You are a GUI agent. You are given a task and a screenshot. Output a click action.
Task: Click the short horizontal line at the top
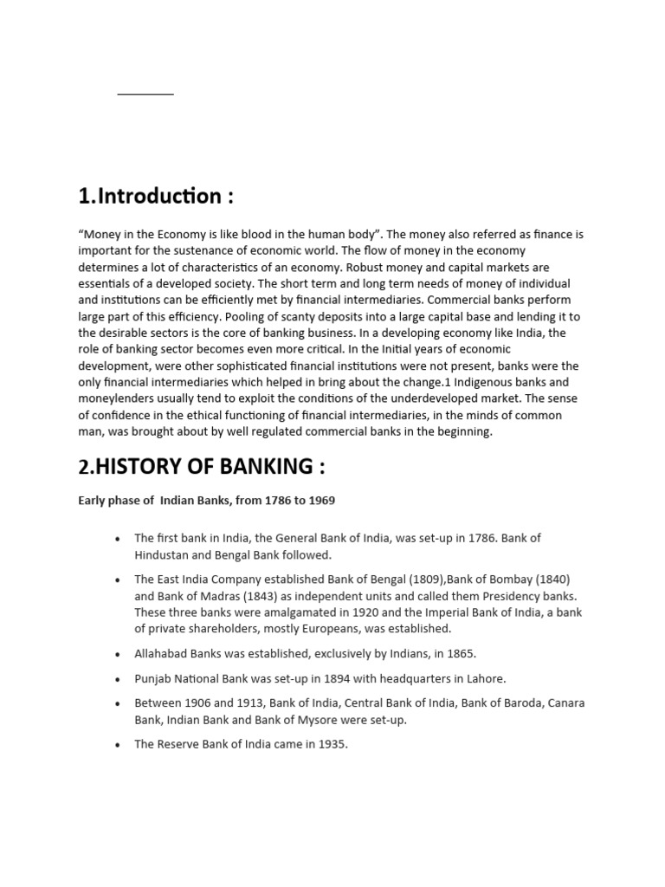[145, 94]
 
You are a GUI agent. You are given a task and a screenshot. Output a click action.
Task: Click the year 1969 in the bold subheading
[319, 501]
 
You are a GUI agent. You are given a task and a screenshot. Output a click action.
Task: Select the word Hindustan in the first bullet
[162, 554]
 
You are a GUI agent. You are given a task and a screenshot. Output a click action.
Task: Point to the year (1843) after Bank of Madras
[233, 596]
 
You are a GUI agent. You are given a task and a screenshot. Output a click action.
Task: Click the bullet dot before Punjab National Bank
[118, 680]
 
